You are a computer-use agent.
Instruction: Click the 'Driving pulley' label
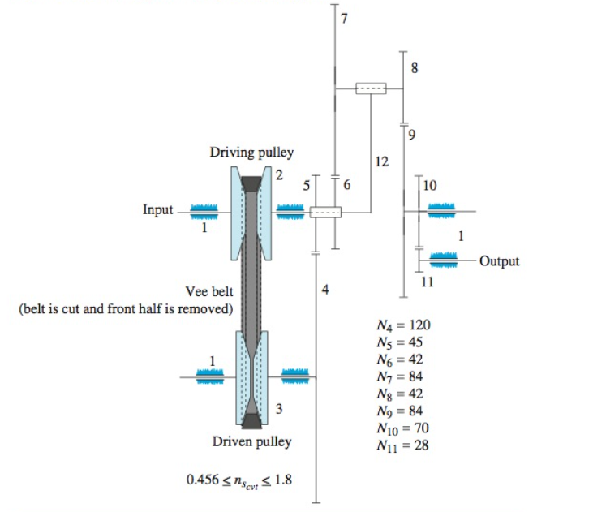click(x=251, y=153)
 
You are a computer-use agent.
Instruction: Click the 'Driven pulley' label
click(x=251, y=442)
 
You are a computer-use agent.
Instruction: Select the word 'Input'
click(x=157, y=210)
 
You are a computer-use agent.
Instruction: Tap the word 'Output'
click(x=499, y=261)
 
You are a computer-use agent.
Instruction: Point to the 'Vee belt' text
click(x=210, y=293)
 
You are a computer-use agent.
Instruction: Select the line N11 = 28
click(x=401, y=445)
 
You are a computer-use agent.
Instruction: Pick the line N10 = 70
click(x=401, y=428)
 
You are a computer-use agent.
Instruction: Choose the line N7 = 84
click(x=398, y=376)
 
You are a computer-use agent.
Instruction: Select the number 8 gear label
click(x=415, y=69)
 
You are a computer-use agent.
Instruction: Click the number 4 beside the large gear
click(x=325, y=290)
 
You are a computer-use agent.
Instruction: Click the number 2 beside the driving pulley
click(x=277, y=175)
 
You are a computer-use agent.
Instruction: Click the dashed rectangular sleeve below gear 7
click(x=371, y=88)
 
